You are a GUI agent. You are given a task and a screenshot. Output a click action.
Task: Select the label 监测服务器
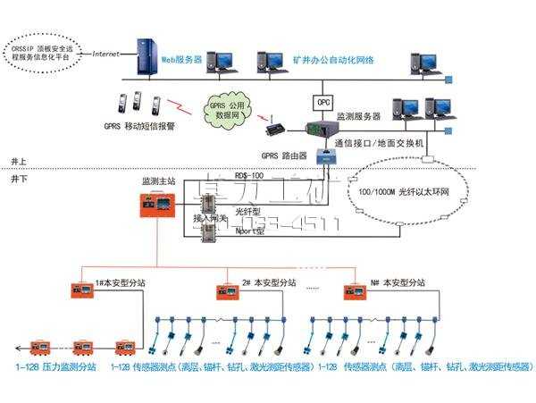tap(358, 117)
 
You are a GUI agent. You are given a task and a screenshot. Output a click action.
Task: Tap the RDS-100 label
tap(247, 176)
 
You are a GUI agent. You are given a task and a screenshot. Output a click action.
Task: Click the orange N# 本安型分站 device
tap(356, 290)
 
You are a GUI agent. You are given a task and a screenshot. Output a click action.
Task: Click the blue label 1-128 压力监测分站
tap(50, 367)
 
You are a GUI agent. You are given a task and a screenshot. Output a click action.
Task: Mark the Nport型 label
tap(248, 231)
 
